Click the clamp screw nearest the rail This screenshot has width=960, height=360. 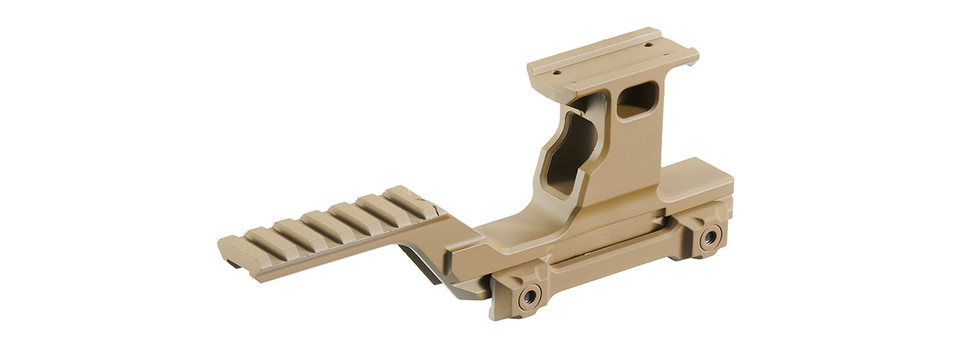[x=530, y=295]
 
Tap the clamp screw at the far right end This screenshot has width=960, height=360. [x=708, y=239]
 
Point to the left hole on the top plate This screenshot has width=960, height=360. [x=558, y=73]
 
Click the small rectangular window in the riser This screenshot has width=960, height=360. [x=637, y=100]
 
